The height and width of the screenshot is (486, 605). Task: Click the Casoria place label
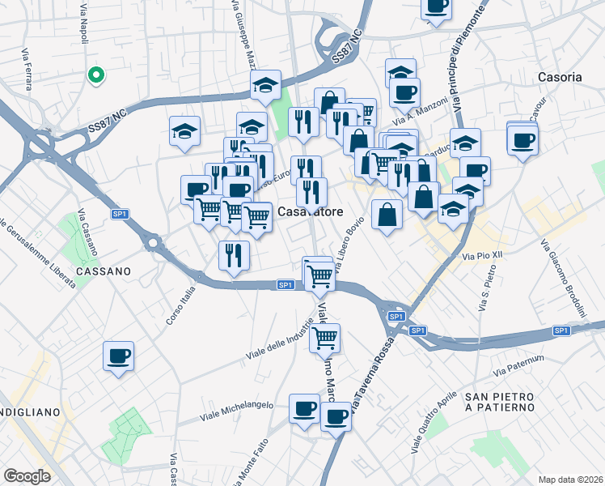(559, 77)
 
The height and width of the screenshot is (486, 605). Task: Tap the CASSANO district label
(105, 272)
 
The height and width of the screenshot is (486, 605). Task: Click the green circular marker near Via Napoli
(95, 76)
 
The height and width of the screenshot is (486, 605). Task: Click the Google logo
(27, 476)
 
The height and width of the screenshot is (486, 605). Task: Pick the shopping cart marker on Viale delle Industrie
(324, 337)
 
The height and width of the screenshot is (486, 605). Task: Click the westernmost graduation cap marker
(185, 130)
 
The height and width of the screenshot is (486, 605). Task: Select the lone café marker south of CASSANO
(118, 356)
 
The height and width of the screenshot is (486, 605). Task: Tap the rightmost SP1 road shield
(561, 330)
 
